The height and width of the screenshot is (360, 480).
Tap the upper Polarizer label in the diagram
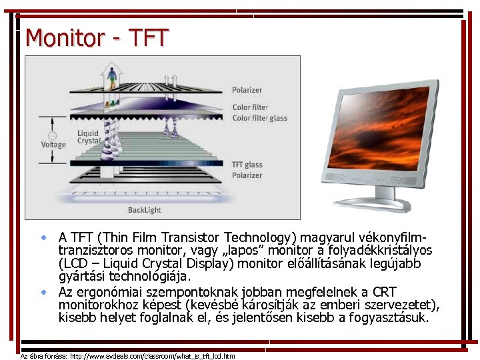pyautogui.click(x=247, y=90)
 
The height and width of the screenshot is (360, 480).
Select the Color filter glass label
pyautogui.click(x=259, y=118)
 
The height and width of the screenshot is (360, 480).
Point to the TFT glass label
pyautogui.click(x=247, y=165)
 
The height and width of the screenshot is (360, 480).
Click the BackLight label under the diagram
pyautogui.click(x=145, y=210)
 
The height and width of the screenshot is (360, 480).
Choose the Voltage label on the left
pyautogui.click(x=53, y=145)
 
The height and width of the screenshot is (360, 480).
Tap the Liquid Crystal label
pyautogui.click(x=88, y=137)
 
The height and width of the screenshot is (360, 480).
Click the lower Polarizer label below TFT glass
pyautogui.click(x=247, y=175)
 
